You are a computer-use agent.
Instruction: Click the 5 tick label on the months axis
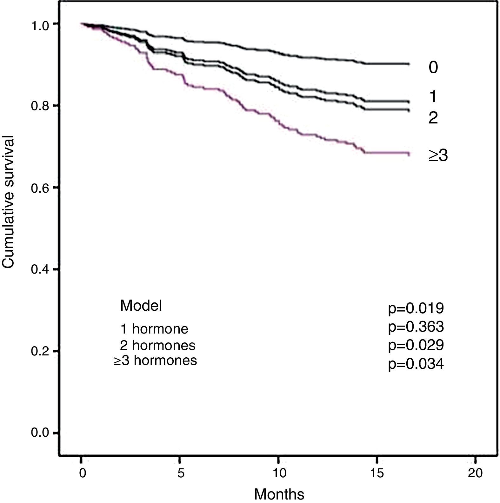[181, 473]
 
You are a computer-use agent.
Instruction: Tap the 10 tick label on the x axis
[279, 473]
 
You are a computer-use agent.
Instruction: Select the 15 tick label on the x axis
[377, 473]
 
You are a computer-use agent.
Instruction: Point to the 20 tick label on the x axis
[475, 473]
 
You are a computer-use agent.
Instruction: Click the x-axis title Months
[279, 494]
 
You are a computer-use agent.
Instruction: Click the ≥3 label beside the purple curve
[438, 156]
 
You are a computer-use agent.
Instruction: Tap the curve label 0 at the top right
[433, 67]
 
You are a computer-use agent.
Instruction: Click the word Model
[141, 305]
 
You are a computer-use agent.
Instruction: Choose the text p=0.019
[416, 308]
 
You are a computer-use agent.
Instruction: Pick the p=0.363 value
[416, 327]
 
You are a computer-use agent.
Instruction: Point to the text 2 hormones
[157, 345]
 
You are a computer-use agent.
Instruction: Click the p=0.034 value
[416, 364]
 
